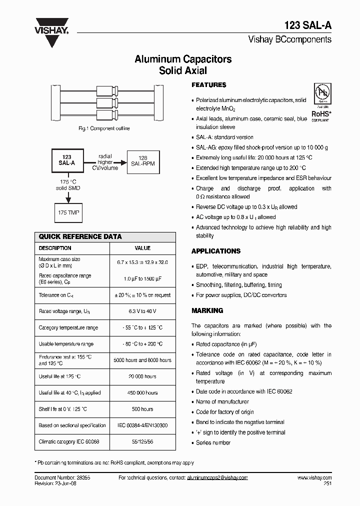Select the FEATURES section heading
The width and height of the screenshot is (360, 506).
209,85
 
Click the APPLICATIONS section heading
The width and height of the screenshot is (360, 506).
216,251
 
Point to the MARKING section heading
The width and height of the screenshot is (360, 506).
207,310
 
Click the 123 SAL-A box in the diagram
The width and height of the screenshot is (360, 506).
67,160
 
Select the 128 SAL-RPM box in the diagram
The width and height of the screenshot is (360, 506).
143,160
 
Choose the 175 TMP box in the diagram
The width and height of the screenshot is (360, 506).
67,212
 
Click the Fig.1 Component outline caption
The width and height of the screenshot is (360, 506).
104,128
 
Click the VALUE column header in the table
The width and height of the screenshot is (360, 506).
142,248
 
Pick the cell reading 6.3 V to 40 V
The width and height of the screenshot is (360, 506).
142,311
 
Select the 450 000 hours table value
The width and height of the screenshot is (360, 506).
142,392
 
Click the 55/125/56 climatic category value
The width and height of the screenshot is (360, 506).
142,441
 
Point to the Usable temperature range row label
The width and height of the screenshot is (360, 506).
66,344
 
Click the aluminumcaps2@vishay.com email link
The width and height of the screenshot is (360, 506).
217,478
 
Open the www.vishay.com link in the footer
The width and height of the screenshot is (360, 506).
314,478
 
